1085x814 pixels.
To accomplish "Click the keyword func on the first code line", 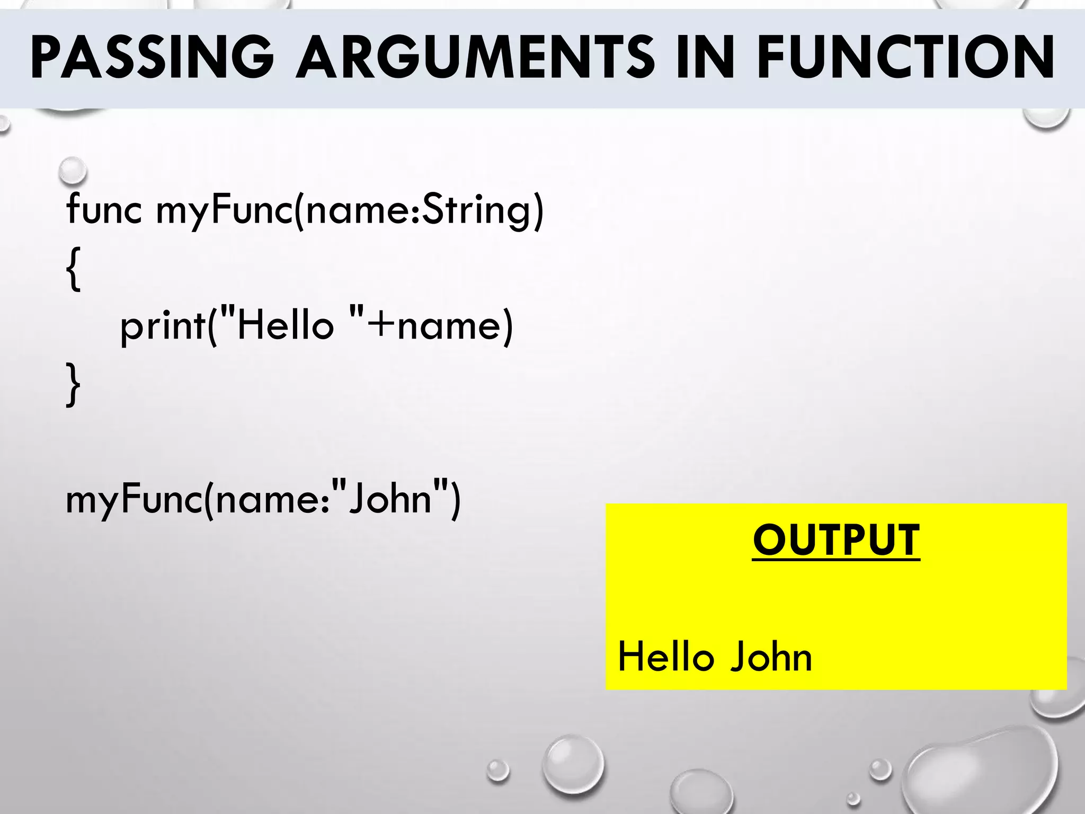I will tap(104, 209).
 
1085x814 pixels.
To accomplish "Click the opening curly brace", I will tap(74, 268).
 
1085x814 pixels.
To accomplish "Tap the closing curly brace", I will tap(74, 384).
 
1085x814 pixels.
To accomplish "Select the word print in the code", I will tap(162, 326).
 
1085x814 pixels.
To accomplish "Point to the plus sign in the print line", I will tap(381, 325).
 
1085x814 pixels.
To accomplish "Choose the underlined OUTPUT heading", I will tap(836, 541).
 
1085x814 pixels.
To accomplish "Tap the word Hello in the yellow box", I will tap(665, 657).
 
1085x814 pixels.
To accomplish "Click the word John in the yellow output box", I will tap(771, 657).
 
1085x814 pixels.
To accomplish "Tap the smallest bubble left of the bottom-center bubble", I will tap(498, 771).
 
